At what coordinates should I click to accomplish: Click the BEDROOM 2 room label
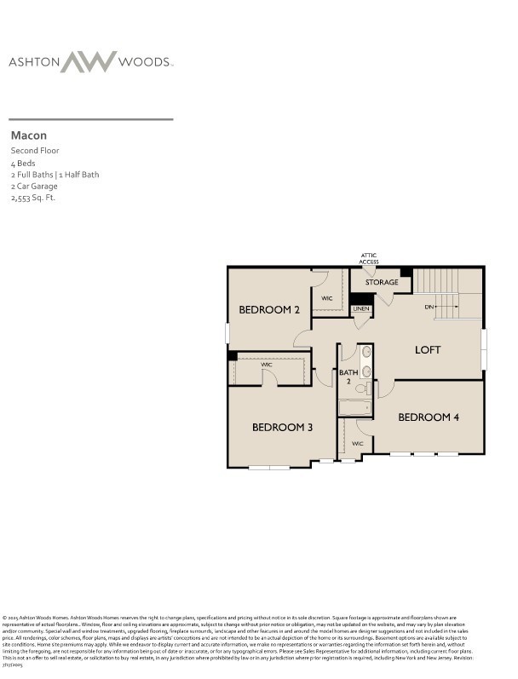268,310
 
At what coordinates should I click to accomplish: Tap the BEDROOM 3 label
282,427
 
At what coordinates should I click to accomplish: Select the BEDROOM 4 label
429,417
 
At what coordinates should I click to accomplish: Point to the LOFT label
428,350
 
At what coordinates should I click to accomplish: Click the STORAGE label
382,282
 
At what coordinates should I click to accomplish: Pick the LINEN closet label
362,308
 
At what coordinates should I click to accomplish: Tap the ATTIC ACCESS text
369,259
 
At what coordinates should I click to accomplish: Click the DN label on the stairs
429,307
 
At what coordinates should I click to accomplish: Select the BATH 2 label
348,377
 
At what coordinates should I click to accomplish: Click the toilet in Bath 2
361,389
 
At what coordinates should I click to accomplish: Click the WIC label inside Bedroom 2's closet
327,298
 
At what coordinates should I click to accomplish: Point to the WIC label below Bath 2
357,444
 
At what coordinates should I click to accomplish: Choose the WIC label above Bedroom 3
267,365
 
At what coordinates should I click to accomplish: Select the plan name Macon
29,135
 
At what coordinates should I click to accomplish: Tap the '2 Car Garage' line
34,186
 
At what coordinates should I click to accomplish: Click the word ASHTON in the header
33,62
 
